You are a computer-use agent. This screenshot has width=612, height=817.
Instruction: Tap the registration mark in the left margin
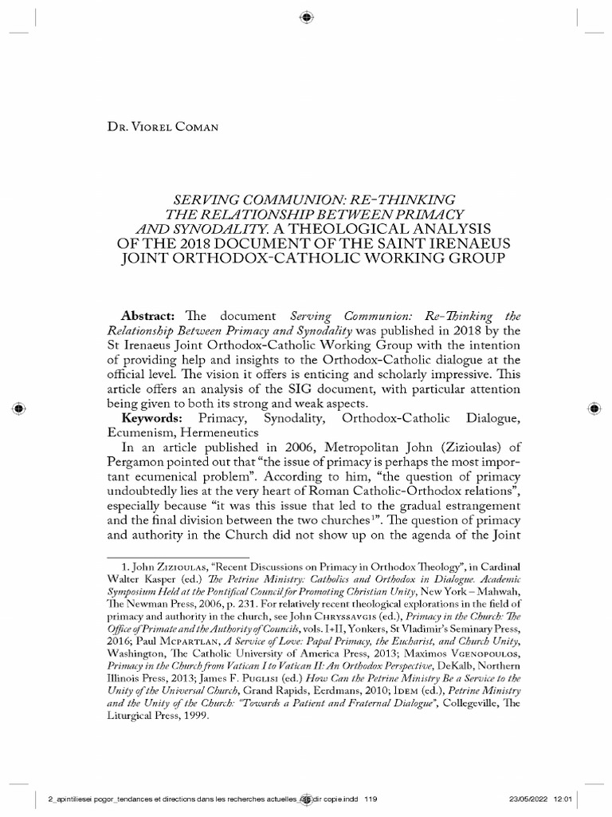pos(18,408)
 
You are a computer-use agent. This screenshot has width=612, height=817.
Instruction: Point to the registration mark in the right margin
pos(594,408)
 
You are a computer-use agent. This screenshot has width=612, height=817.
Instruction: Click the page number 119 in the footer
pos(371,799)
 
